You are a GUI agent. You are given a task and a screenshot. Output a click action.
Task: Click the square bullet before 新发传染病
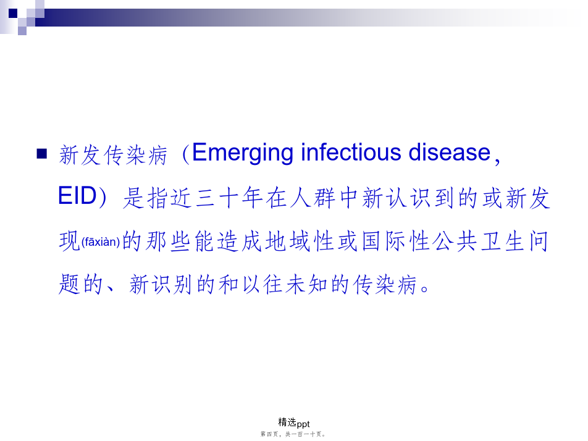tap(41, 154)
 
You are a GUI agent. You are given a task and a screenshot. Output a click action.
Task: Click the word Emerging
tap(243, 153)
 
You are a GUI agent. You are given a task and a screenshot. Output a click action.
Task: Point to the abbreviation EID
tap(78, 196)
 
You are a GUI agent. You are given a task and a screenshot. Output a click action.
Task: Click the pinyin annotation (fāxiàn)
tap(101, 242)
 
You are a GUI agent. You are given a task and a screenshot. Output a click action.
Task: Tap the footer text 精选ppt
tap(294, 423)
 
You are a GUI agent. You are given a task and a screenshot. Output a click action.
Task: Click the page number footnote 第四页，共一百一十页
tap(293, 434)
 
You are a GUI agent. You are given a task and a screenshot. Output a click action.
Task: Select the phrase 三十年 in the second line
tap(229, 198)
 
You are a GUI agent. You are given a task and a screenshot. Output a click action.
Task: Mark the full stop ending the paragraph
tap(425, 289)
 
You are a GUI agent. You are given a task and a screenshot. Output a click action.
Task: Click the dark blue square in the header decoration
tap(13, 13)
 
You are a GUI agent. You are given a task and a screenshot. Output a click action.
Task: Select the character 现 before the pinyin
tap(70, 241)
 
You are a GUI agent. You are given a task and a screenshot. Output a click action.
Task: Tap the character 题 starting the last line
tap(70, 284)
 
